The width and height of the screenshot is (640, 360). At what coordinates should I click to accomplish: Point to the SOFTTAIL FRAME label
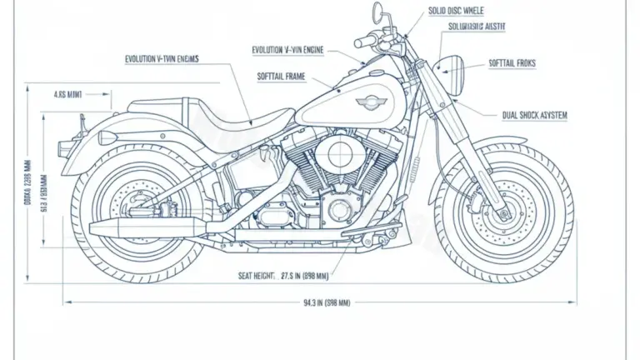pyautogui.click(x=282, y=77)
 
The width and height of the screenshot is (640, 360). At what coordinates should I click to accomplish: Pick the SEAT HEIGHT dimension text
pyautogui.click(x=282, y=274)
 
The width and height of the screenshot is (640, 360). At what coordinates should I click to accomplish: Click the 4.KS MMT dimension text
pyautogui.click(x=70, y=95)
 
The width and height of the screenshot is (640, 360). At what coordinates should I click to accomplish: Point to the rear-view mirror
pyautogui.click(x=377, y=12)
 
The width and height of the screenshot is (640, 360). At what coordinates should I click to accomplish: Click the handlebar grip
pyautogui.click(x=364, y=41)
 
